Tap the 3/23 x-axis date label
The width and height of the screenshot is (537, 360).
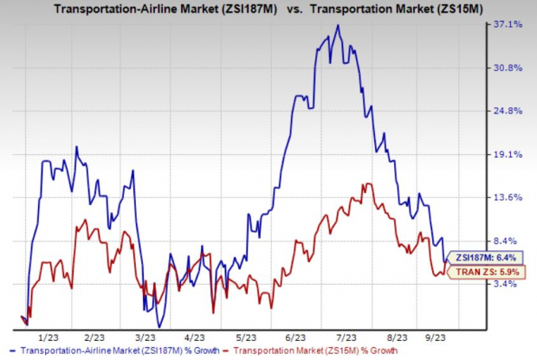[x=145, y=337]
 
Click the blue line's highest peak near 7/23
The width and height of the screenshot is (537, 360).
[x=338, y=26]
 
